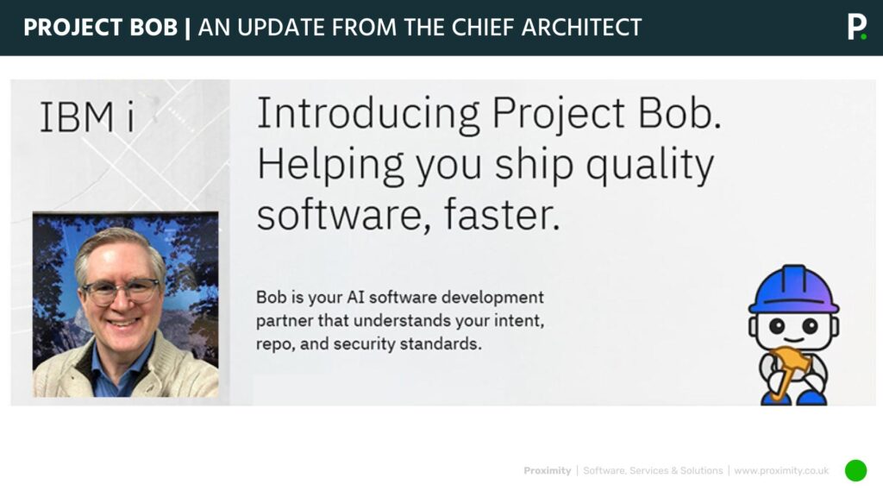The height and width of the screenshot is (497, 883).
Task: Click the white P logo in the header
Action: [x=855, y=27]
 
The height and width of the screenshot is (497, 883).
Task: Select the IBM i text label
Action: [x=87, y=119]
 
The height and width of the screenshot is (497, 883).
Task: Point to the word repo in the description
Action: [x=274, y=344]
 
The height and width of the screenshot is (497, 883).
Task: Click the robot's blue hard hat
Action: [x=793, y=290]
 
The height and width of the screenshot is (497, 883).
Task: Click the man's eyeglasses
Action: [x=120, y=292]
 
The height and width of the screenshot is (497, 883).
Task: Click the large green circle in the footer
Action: [x=855, y=470]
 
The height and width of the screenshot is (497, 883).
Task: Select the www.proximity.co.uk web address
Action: [x=781, y=471]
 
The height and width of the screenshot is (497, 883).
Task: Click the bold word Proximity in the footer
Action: [x=547, y=471]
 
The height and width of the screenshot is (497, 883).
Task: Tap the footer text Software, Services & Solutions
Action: [x=653, y=471]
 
